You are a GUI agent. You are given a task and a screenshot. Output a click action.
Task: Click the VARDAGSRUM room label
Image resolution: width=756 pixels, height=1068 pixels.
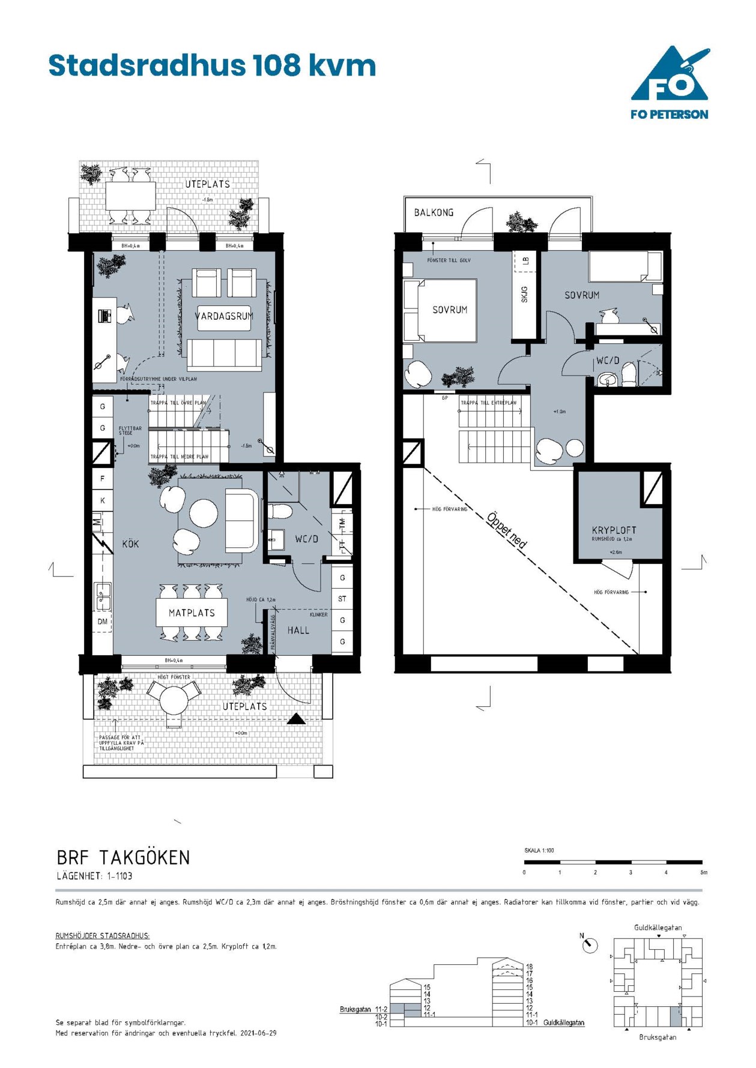tap(224, 316)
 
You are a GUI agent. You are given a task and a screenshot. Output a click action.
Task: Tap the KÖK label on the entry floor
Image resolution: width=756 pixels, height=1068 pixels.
tap(130, 544)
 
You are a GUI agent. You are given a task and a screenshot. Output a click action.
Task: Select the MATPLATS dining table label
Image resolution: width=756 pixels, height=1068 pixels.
tap(192, 613)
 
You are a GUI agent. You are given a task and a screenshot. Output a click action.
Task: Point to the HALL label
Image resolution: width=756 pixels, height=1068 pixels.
tap(298, 631)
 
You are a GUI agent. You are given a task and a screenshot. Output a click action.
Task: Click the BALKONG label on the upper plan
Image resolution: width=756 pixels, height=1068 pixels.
tap(434, 212)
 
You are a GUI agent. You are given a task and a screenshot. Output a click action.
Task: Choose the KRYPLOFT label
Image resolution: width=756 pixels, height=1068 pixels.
tap(614, 530)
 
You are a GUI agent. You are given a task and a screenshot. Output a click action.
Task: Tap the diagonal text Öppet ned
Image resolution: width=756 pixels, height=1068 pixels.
tap(507, 530)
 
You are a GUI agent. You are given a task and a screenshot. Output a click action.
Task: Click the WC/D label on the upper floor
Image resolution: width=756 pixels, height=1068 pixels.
tap(607, 361)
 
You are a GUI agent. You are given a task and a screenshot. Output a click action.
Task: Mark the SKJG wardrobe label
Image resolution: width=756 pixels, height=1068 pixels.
tap(524, 294)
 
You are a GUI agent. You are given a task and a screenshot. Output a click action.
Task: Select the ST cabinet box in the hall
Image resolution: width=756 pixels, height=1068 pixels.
tap(342, 599)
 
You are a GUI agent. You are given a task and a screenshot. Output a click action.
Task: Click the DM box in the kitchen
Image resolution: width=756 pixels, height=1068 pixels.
tap(103, 622)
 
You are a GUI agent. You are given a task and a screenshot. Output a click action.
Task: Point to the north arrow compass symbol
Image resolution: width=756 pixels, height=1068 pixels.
tap(590, 945)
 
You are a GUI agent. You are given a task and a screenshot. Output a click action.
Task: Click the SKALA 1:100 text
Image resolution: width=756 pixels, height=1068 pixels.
tap(539, 850)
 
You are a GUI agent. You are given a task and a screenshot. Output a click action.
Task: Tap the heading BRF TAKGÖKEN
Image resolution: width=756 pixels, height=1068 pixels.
tap(123, 857)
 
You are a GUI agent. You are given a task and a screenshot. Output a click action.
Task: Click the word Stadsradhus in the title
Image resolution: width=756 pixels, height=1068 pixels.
tap(147, 65)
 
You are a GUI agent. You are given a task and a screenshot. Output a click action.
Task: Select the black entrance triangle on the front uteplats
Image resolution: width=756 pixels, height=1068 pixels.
tap(296, 719)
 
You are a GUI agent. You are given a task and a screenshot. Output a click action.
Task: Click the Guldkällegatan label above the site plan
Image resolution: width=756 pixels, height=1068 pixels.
tap(658, 928)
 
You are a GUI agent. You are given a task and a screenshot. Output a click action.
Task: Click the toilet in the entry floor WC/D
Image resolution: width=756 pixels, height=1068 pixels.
tap(280, 512)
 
